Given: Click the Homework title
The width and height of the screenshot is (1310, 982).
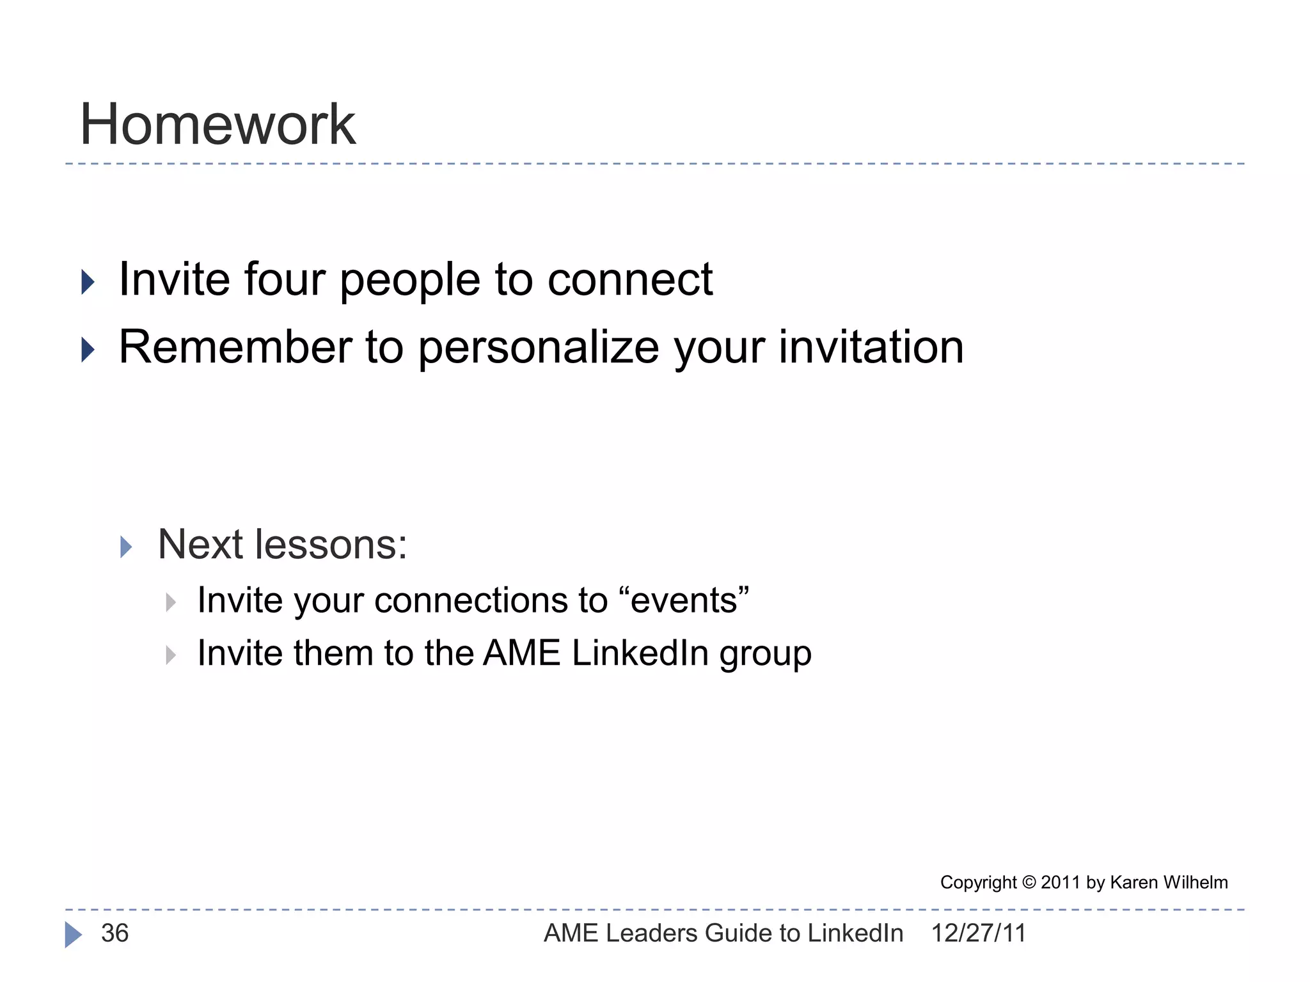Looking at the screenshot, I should click(217, 125).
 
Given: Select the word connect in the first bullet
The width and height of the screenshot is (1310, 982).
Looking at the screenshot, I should click(629, 279).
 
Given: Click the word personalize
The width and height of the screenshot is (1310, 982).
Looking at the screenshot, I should click(538, 348).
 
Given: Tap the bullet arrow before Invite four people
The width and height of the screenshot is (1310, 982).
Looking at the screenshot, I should click(88, 282).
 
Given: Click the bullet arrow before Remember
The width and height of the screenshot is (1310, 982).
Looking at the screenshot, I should click(88, 350).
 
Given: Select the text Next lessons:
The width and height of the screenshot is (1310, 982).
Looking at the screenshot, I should click(282, 545).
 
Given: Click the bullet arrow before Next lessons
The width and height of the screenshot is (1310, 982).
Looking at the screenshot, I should click(126, 547).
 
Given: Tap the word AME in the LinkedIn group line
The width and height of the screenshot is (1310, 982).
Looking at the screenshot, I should click(521, 653).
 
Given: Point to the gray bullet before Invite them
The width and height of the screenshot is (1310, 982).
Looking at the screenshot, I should click(171, 655).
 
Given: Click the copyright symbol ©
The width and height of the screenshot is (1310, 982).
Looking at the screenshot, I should click(1029, 882).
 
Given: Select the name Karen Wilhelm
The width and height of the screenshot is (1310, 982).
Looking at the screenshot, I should click(1169, 882).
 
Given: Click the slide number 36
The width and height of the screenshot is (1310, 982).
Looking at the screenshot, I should click(115, 933).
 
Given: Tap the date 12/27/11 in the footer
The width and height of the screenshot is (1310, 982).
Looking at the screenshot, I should click(978, 933).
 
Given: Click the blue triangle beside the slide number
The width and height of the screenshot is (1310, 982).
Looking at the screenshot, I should click(73, 935).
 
